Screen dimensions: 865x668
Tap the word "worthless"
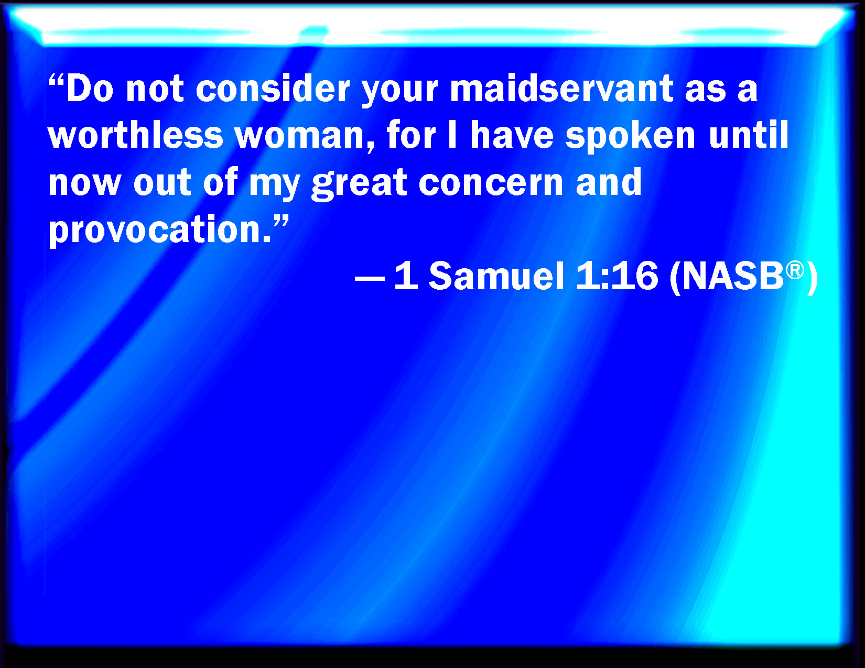pos(136,135)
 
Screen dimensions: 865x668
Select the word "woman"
pos(305,137)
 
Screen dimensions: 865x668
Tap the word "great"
pos(360,184)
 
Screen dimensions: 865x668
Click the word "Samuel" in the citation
pos(496,276)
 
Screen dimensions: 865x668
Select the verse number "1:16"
pos(617,276)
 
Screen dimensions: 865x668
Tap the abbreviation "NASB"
pos(733,276)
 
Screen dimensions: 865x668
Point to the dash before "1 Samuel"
pos(370,278)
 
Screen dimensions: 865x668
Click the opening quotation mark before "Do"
pos(57,81)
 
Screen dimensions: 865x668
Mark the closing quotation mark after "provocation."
pos(280,222)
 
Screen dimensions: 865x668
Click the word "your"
pos(399,92)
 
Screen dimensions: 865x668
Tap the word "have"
pos(512,135)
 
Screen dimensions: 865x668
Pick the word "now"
pos(84,184)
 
